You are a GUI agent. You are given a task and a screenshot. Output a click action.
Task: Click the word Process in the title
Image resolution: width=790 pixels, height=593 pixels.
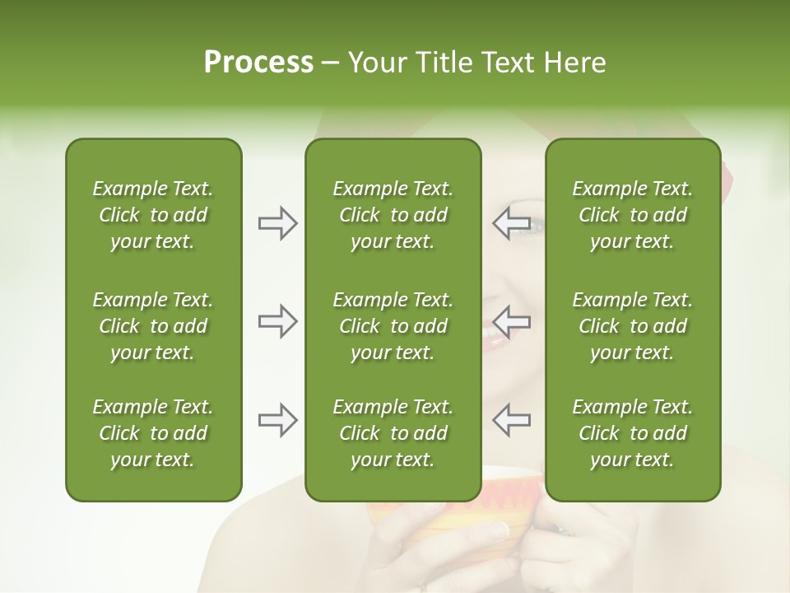[x=258, y=63]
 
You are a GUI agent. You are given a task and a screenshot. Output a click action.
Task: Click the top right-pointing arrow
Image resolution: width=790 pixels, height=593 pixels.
[x=278, y=223]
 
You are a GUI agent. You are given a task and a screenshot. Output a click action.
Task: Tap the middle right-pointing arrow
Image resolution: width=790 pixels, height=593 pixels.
[x=278, y=321]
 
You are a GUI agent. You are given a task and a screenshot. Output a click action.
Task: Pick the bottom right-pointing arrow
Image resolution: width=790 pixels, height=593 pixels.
[x=278, y=420]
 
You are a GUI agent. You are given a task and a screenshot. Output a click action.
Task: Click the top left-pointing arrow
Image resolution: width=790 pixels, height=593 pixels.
[x=512, y=223]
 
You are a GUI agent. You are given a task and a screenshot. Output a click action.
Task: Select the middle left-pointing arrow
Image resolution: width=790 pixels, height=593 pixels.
[x=512, y=321]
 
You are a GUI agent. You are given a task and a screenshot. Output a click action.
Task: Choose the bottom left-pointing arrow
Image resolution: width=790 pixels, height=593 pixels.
[x=512, y=420]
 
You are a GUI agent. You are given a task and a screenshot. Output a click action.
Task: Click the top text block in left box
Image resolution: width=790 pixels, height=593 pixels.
[x=153, y=215]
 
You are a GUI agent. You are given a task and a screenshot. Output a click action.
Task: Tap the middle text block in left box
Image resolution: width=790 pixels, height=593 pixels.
[x=153, y=326]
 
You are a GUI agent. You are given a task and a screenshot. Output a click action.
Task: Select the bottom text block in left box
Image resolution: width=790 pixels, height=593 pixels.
[x=153, y=433]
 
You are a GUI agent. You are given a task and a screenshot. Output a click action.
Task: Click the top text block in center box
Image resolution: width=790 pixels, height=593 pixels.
[x=393, y=215]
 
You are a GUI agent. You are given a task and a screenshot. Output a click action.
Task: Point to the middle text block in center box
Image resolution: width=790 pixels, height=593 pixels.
[x=393, y=326]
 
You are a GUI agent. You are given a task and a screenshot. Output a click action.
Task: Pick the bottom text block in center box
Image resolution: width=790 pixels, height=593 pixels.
[x=393, y=433]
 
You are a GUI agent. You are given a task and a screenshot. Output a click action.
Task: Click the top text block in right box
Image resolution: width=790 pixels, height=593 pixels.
[x=632, y=215]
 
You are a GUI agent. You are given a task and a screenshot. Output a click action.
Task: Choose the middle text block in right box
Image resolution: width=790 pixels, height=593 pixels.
[x=632, y=326]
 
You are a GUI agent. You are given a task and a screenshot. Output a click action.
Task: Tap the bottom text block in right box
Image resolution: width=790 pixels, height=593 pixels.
[x=632, y=433]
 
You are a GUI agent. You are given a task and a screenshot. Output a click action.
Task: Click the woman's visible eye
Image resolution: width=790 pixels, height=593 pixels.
[x=534, y=224]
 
